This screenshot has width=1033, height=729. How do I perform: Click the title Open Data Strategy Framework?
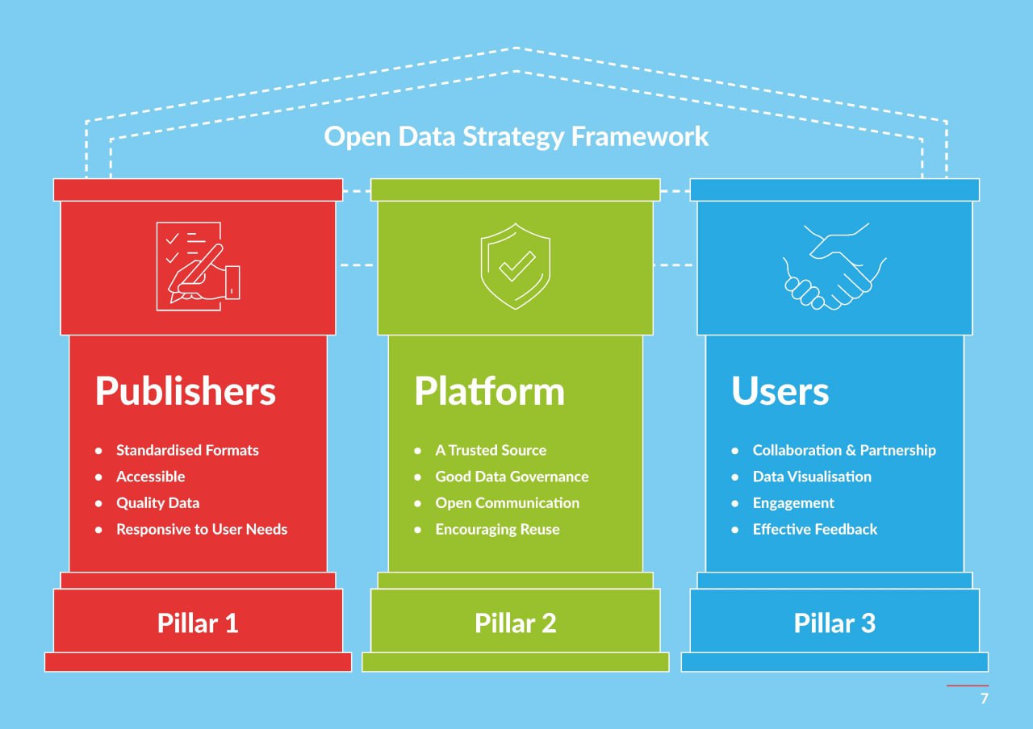[516, 137]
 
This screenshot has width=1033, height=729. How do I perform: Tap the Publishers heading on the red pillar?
[186, 391]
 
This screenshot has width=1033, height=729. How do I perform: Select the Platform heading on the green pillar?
[489, 391]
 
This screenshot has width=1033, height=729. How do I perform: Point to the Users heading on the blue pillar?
[780, 391]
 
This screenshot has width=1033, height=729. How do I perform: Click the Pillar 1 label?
[198, 623]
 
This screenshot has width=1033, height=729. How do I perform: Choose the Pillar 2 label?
[516, 623]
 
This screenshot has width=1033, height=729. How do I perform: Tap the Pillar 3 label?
[834, 623]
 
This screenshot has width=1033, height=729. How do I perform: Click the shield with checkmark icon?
[516, 266]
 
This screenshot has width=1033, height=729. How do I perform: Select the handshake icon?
[834, 266]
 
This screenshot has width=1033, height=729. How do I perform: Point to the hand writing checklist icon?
[198, 266]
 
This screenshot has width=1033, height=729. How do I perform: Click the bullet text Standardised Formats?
[187, 450]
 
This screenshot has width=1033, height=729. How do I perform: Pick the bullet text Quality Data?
[157, 503]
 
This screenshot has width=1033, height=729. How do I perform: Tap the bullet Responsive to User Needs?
[202, 529]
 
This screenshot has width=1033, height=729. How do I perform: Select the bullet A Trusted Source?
[491, 450]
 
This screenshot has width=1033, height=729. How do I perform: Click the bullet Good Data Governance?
[512, 477]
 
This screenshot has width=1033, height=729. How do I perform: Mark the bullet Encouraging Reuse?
[498, 530]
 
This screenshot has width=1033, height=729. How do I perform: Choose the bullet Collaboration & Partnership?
[844, 450]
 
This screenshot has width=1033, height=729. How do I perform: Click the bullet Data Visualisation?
[812, 477]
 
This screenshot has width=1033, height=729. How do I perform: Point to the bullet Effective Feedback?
[815, 529]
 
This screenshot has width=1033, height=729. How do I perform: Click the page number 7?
[984, 698]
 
